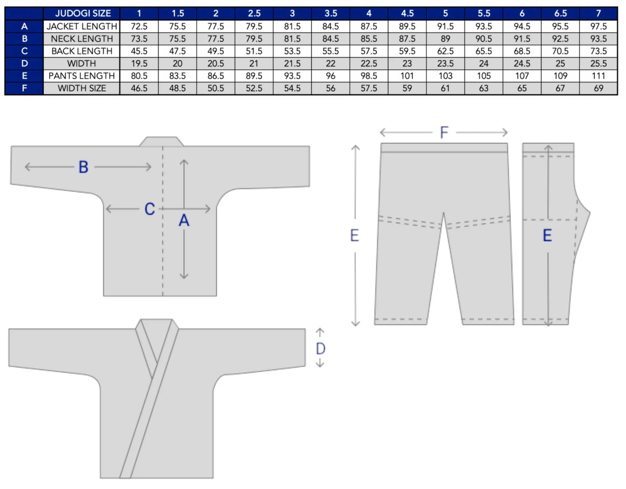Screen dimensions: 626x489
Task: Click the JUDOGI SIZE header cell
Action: (x=83, y=13)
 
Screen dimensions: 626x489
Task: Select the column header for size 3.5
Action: (x=331, y=13)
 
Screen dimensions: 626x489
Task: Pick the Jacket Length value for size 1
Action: (x=139, y=26)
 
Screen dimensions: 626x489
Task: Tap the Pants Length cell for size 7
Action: (x=598, y=76)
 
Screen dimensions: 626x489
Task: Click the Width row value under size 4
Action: (x=369, y=63)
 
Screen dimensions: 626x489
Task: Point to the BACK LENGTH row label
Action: (x=82, y=51)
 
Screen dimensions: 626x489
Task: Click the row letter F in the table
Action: (x=25, y=88)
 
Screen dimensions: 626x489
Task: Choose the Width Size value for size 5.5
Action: (x=484, y=88)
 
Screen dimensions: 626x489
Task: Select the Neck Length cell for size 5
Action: (x=445, y=39)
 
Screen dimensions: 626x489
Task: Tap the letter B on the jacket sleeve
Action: (x=83, y=167)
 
